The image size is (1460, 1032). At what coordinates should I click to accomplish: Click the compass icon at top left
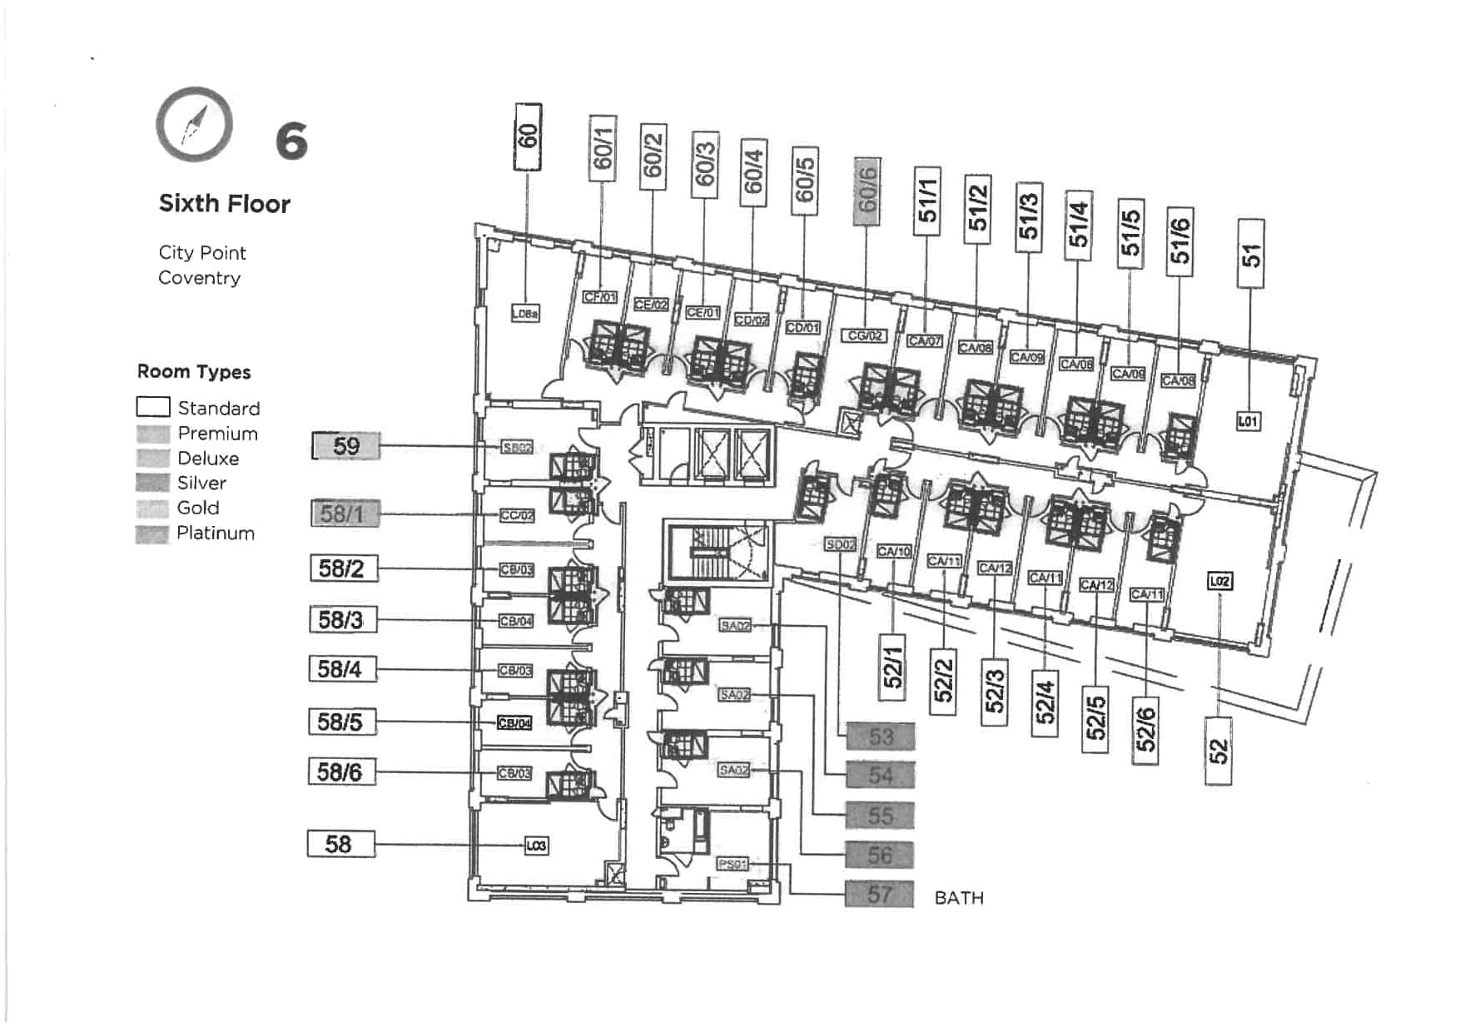(x=194, y=125)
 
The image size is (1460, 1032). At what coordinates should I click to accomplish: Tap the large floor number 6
(x=291, y=141)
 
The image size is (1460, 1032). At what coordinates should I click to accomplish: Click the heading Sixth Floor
(x=224, y=204)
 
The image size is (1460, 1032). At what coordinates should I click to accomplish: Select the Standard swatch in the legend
(x=153, y=407)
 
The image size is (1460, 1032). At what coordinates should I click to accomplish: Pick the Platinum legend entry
(x=215, y=533)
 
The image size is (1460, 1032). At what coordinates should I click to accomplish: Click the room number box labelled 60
(x=528, y=137)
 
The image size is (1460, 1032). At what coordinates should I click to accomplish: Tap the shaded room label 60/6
(x=867, y=192)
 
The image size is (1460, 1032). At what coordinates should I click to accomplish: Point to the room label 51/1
(x=926, y=201)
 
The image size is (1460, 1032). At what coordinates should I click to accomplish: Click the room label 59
(x=346, y=446)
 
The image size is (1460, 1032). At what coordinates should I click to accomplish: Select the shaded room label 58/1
(x=345, y=514)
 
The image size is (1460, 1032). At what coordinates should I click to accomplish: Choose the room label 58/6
(x=341, y=772)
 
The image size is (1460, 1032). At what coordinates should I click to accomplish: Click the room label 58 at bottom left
(x=340, y=844)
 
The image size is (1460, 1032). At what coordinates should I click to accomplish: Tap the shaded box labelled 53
(x=880, y=737)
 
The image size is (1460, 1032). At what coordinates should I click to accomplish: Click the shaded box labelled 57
(x=879, y=895)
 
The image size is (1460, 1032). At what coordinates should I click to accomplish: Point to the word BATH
(x=959, y=898)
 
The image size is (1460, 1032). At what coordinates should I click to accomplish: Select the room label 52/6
(x=1146, y=729)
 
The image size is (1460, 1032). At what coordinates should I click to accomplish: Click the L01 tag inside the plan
(x=1247, y=421)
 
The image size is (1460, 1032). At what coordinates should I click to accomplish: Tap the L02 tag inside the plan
(x=1219, y=581)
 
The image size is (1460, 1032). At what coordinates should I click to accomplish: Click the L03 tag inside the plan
(x=536, y=846)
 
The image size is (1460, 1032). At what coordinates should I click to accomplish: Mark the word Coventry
(x=199, y=278)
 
